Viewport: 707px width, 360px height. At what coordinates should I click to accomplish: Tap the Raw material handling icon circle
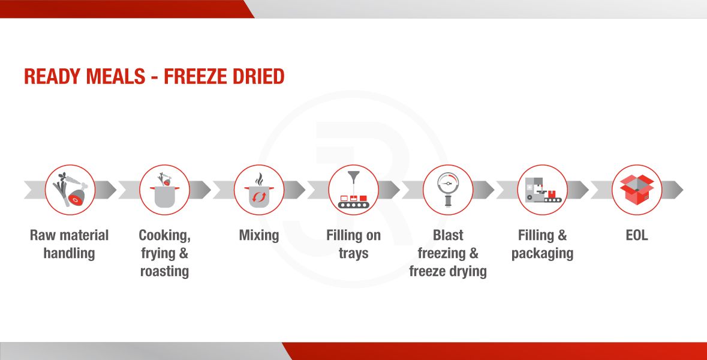[x=70, y=190]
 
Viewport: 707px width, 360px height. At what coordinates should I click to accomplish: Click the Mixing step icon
[x=259, y=190]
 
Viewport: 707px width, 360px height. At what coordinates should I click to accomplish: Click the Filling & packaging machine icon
[x=543, y=190]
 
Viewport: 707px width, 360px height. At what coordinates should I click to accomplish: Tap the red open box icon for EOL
[x=637, y=190]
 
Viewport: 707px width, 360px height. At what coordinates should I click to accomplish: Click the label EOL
[x=637, y=235]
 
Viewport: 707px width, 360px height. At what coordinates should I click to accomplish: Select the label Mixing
[x=259, y=235]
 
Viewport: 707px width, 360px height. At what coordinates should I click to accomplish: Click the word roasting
[x=164, y=272]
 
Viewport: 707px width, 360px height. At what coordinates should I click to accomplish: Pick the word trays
[x=354, y=254]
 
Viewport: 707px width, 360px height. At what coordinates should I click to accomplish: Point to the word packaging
[x=543, y=254]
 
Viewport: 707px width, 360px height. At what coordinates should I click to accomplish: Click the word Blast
[x=448, y=235]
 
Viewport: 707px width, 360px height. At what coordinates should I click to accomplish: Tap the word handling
[x=70, y=254]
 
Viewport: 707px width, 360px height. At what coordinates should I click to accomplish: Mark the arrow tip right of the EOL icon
[x=683, y=190]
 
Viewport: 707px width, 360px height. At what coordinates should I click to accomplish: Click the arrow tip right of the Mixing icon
[x=305, y=190]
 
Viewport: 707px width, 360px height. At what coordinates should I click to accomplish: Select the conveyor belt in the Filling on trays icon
[x=354, y=205]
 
